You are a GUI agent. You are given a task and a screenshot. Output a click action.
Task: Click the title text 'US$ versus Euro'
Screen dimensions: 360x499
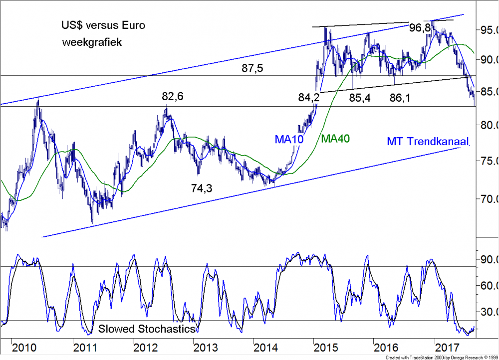(x=103, y=25)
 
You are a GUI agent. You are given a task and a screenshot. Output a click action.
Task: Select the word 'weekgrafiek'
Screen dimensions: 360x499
(x=92, y=42)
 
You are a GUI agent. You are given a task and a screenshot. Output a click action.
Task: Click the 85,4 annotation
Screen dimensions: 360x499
(x=359, y=98)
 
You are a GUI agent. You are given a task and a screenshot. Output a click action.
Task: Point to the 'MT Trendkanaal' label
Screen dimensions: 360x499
(x=428, y=142)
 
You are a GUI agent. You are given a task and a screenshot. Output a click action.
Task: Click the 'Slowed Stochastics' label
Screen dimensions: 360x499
(x=146, y=329)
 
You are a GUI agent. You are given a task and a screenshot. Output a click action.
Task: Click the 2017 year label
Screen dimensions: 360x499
(x=445, y=346)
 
